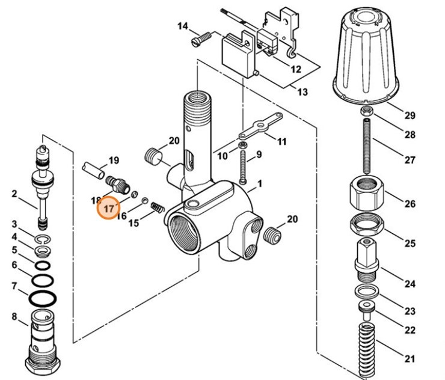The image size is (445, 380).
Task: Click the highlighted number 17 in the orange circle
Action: click(x=109, y=209)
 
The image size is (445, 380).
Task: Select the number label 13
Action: click(x=302, y=92)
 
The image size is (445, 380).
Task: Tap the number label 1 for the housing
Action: click(x=260, y=182)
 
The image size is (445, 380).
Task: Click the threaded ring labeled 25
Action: click(x=366, y=224)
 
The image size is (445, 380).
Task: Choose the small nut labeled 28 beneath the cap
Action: click(x=366, y=111)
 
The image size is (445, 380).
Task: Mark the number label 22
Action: click(x=410, y=331)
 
